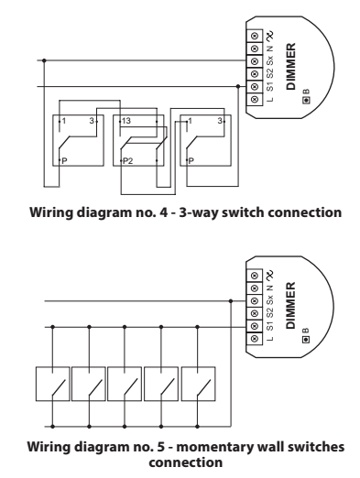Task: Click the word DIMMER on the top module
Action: point(291,66)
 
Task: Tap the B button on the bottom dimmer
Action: point(306,339)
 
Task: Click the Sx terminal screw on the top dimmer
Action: point(255,61)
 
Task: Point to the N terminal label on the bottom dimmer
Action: point(270,288)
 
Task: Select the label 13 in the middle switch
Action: point(126,121)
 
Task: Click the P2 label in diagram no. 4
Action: point(128,160)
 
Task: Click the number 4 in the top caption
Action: point(164,212)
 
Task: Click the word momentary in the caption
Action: point(214,448)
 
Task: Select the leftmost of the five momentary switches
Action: point(52,384)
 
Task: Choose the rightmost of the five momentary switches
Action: point(198,384)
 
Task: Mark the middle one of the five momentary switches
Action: point(125,384)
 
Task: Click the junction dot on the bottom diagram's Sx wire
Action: point(231,301)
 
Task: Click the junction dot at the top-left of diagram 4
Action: point(44,60)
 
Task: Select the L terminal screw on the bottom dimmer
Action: point(255,339)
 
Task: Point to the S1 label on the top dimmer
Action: point(270,86)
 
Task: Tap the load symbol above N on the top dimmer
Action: point(269,37)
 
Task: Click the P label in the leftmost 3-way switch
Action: point(64,160)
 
